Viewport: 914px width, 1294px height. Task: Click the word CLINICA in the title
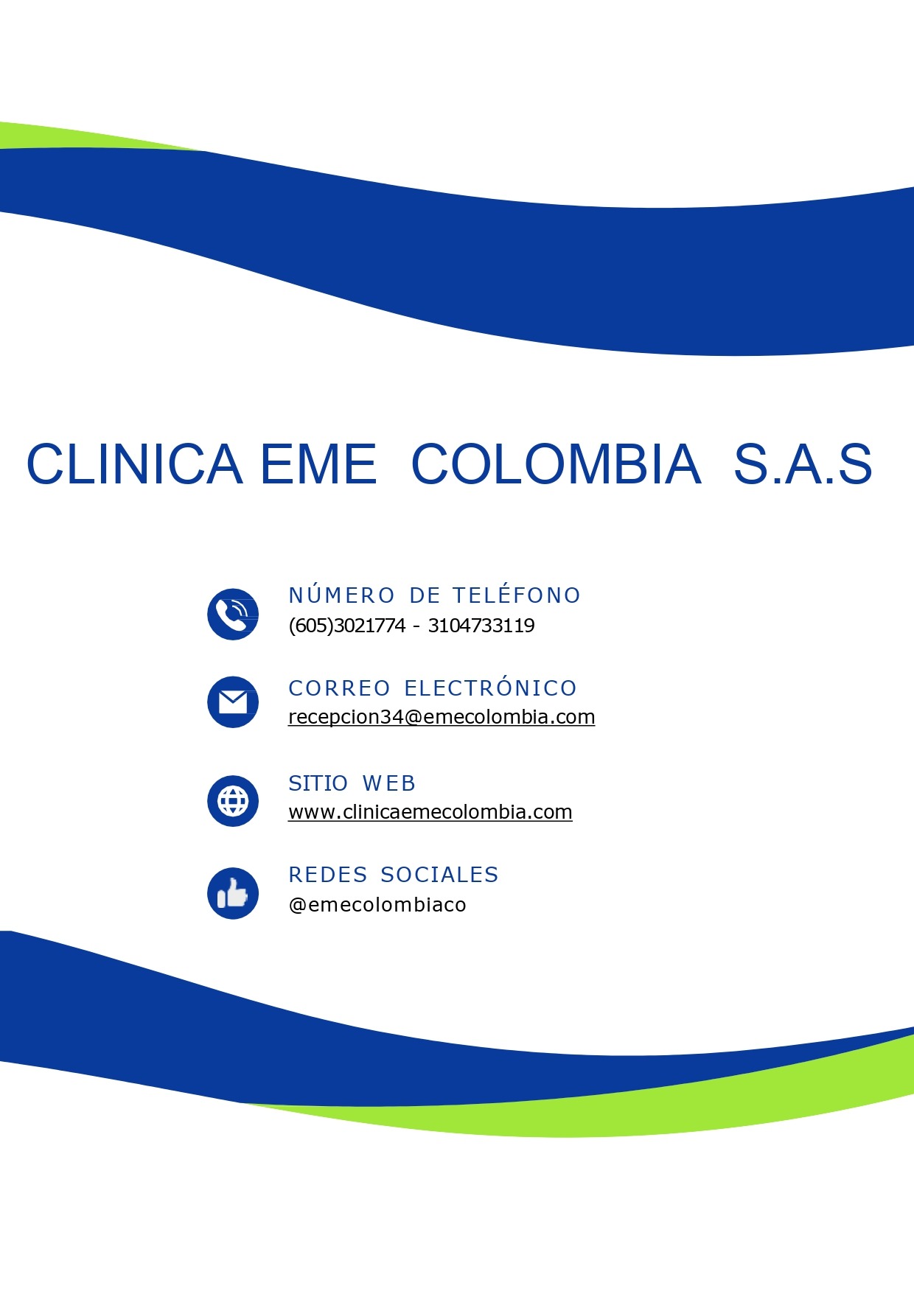coord(134,464)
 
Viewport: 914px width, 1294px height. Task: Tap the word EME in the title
coord(318,464)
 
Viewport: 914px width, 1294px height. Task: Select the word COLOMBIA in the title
coord(556,464)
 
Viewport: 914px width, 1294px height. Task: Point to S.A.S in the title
coord(803,464)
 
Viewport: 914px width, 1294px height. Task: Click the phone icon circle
coord(233,614)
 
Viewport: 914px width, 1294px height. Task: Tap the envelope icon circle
coord(233,702)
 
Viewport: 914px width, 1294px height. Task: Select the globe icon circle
coord(233,801)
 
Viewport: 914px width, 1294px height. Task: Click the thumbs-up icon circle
coord(233,893)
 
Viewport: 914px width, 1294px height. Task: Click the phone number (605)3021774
coord(347,626)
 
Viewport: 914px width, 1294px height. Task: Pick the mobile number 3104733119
coord(481,626)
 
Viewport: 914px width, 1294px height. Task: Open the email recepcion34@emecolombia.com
coord(442,717)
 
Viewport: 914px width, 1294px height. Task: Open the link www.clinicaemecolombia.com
coord(430,812)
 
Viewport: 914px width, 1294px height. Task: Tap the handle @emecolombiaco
coord(377,905)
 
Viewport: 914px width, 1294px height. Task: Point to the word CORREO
coord(340,688)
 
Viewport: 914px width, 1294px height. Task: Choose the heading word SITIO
coord(318,783)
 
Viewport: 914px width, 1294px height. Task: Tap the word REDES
coord(328,875)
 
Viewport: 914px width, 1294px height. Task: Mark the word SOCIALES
coord(440,875)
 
